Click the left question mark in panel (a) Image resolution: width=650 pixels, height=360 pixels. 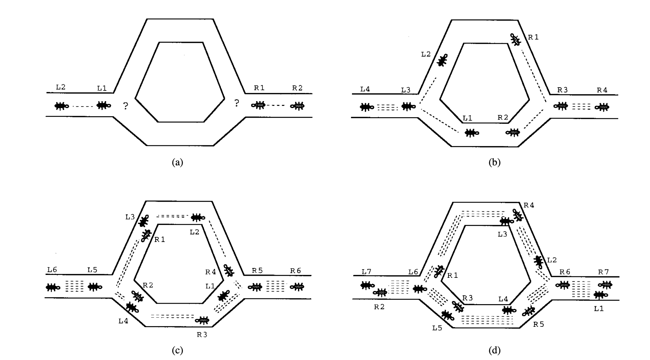pyautogui.click(x=126, y=106)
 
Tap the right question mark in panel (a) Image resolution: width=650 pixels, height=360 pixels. pyautogui.click(x=237, y=103)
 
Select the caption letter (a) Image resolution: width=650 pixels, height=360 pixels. pyautogui.click(x=177, y=162)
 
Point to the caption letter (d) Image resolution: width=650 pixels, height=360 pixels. pyautogui.click(x=494, y=351)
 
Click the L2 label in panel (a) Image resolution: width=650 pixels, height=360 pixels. pyautogui.click(x=61, y=87)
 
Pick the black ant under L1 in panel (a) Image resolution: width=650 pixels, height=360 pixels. pyautogui.click(x=104, y=106)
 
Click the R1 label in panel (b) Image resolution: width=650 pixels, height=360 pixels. pyautogui.click(x=533, y=37)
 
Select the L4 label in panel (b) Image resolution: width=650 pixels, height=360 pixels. pyautogui.click(x=365, y=89)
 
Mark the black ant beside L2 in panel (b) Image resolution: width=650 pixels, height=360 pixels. pyautogui.click(x=442, y=60)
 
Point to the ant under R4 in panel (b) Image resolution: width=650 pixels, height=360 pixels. pyautogui.click(x=602, y=107)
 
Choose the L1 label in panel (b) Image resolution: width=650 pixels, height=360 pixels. pyautogui.click(x=467, y=118)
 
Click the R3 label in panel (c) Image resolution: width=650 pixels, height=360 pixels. pyautogui.click(x=202, y=335)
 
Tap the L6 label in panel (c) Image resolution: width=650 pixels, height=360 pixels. pyautogui.click(x=52, y=270)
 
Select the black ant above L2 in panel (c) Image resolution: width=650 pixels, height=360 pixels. pyautogui.click(x=197, y=218)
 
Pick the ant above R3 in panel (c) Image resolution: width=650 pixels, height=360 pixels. pyautogui.click(x=203, y=320)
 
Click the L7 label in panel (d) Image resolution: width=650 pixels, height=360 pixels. pyautogui.click(x=366, y=272)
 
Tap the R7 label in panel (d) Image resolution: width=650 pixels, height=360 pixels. pyautogui.click(x=603, y=272)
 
